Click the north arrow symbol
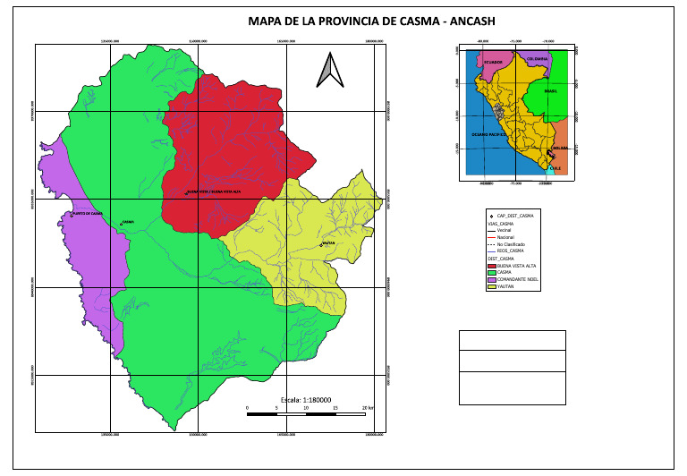coord(328,70)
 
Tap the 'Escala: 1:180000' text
coord(306,400)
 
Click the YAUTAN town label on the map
coord(328,242)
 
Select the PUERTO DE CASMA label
coord(88,214)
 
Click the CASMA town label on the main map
coord(127,222)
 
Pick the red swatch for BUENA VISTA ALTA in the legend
coord(491,267)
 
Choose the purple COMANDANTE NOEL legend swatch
coord(491,279)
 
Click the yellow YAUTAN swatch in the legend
coord(491,285)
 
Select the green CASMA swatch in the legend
coord(491,273)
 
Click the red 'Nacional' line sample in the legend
coord(491,237)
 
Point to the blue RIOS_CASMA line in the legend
coord(491,251)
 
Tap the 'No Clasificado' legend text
coord(511,244)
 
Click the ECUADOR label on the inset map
coord(494,63)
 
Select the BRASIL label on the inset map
coord(551,91)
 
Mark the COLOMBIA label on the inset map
coord(536,58)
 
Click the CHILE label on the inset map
coord(554,167)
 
